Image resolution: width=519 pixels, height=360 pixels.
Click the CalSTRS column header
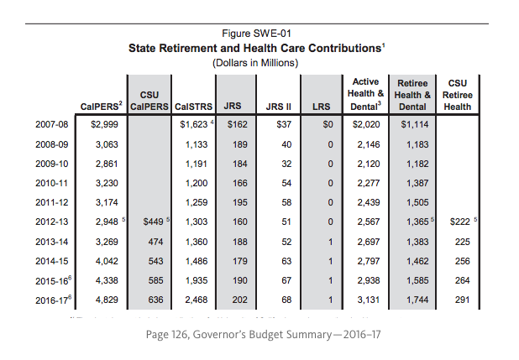[x=194, y=107]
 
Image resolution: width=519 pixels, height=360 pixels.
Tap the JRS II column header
[x=278, y=107]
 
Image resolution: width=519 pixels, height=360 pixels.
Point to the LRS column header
[x=321, y=107]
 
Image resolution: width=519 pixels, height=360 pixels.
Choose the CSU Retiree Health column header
[x=458, y=95]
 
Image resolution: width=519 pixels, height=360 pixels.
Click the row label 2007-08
[x=52, y=124]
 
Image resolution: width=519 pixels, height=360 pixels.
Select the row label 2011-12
[x=52, y=201]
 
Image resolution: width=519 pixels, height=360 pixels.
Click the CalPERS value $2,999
[x=104, y=124]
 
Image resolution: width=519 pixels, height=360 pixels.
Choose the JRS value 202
[x=239, y=299]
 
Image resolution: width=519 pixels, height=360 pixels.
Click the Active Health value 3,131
[x=367, y=299]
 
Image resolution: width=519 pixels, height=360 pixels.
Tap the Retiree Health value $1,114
[x=415, y=124]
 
